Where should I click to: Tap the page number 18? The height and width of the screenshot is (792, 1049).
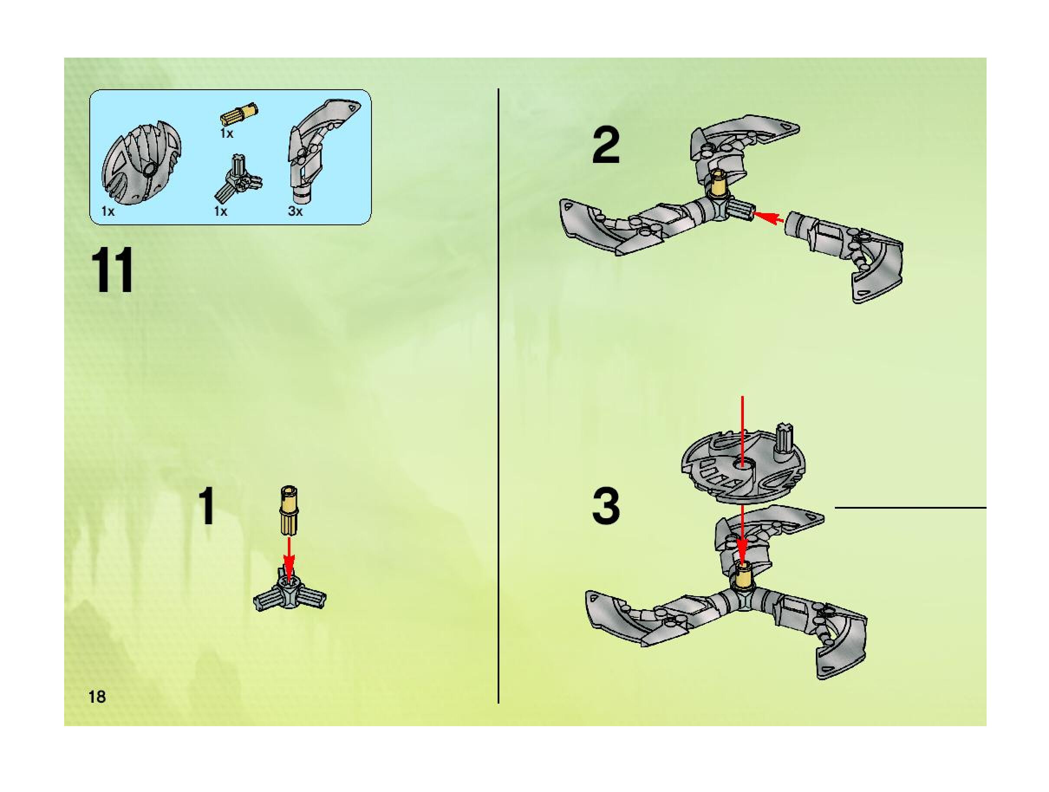[97, 697]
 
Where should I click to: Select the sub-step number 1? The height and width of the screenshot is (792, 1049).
[207, 508]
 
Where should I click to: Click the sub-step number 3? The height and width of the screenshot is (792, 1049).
[606, 506]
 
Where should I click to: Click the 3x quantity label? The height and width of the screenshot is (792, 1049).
[295, 211]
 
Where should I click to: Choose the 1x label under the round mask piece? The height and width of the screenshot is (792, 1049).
[108, 211]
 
